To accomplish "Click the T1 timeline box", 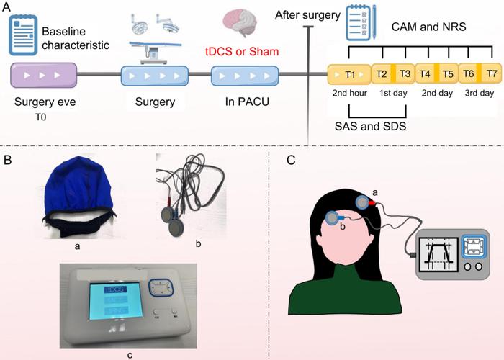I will (348, 75).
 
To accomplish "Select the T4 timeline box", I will (425, 75).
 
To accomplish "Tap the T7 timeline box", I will (491, 75).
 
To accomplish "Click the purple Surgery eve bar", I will (45, 76).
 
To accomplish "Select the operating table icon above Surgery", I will (153, 40).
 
